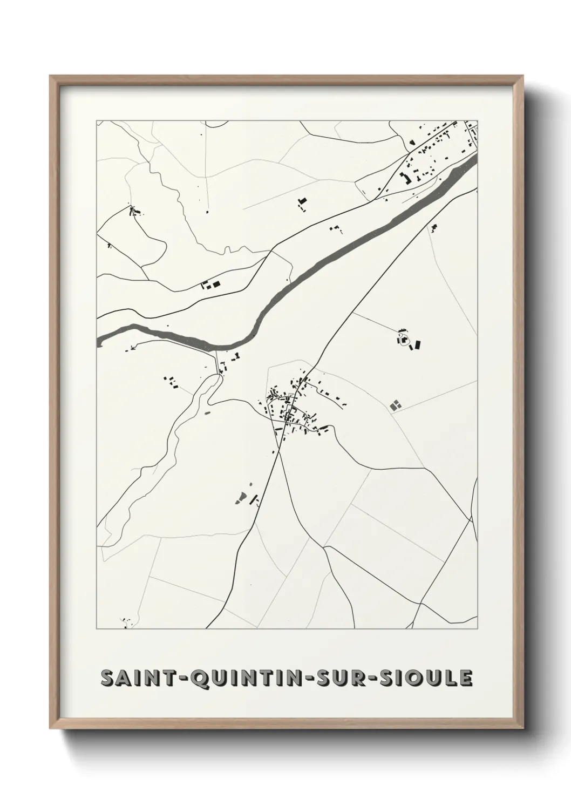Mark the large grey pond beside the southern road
[240, 497]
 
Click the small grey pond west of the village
[207, 412]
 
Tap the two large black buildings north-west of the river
[212, 284]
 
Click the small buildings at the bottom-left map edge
[126, 622]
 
